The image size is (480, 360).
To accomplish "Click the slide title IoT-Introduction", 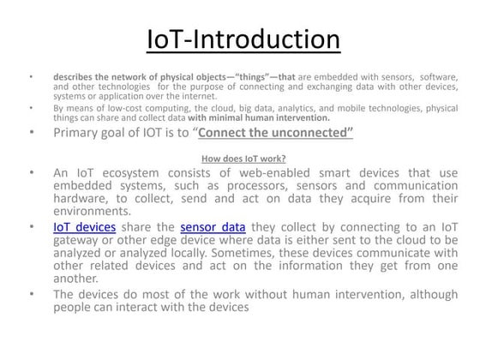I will pos(243,39).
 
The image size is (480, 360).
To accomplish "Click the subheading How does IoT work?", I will pos(243,158).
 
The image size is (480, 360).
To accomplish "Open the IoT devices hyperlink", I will pos(84,227).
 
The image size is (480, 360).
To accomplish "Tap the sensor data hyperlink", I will pos(213,227).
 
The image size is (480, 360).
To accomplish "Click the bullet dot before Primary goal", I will pos(30,133).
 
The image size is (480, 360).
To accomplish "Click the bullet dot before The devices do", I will pos(30,293).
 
